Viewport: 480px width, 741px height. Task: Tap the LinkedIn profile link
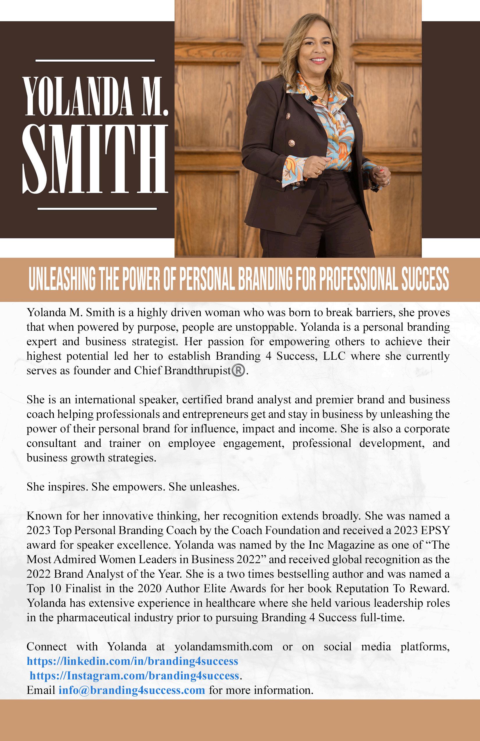pyautogui.click(x=132, y=661)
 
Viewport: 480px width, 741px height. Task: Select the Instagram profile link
pyautogui.click(x=134, y=676)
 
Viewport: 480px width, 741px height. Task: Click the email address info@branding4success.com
pyautogui.click(x=131, y=690)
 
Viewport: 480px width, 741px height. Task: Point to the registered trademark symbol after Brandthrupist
pyautogui.click(x=239, y=371)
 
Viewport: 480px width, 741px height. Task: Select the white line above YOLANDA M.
pyautogui.click(x=95, y=60)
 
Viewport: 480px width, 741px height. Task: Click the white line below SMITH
pyautogui.click(x=97, y=209)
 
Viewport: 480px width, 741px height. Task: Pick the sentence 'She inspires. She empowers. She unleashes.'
pyautogui.click(x=133, y=487)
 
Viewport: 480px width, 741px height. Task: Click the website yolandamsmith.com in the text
pyautogui.click(x=223, y=647)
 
